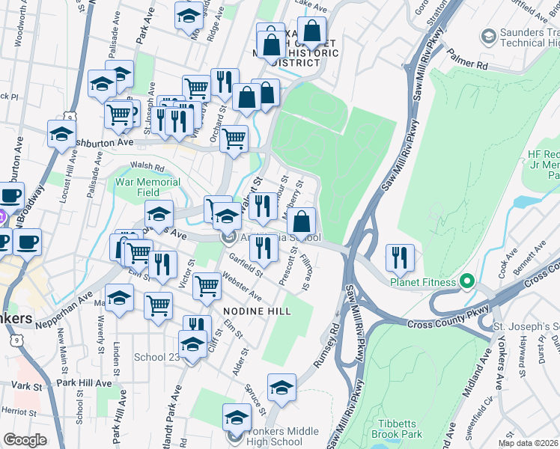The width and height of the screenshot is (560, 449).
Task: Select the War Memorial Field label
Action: pyautogui.click(x=147, y=186)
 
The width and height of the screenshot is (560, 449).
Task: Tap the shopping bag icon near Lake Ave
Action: pyautogui.click(x=312, y=31)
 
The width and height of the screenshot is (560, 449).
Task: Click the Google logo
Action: pyautogui.click(x=25, y=440)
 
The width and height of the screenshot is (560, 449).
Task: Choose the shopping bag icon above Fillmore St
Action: pyautogui.click(x=301, y=222)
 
